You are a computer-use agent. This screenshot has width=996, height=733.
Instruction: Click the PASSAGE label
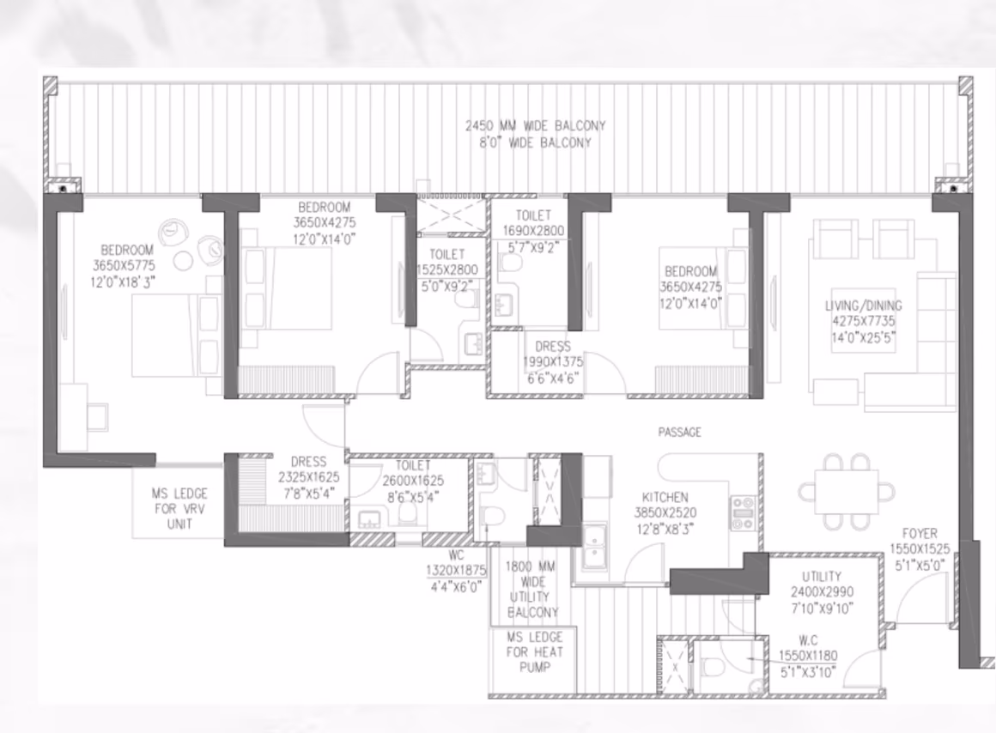(x=679, y=433)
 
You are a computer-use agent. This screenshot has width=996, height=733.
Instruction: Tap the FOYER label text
(x=919, y=534)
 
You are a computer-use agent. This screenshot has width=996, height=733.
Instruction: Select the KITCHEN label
(x=665, y=497)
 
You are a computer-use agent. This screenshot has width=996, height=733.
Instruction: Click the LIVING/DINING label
(x=863, y=306)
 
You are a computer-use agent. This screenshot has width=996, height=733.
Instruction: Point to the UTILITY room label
(x=822, y=577)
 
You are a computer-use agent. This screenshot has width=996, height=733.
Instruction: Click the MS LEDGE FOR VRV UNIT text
(x=179, y=509)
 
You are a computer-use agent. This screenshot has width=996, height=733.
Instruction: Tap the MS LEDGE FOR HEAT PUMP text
(x=535, y=651)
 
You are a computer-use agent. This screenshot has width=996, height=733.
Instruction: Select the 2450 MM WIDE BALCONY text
(x=536, y=126)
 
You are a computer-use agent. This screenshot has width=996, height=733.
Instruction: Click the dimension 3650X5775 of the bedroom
(x=124, y=265)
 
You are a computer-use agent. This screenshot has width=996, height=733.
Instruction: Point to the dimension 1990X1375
(x=553, y=362)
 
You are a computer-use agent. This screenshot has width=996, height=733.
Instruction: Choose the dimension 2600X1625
(x=413, y=481)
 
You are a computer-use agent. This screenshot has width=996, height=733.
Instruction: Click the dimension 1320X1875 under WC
(x=455, y=571)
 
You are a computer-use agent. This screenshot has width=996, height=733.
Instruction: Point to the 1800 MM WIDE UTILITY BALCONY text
(x=531, y=590)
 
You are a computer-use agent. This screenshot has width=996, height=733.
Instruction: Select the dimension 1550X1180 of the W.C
(x=808, y=656)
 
